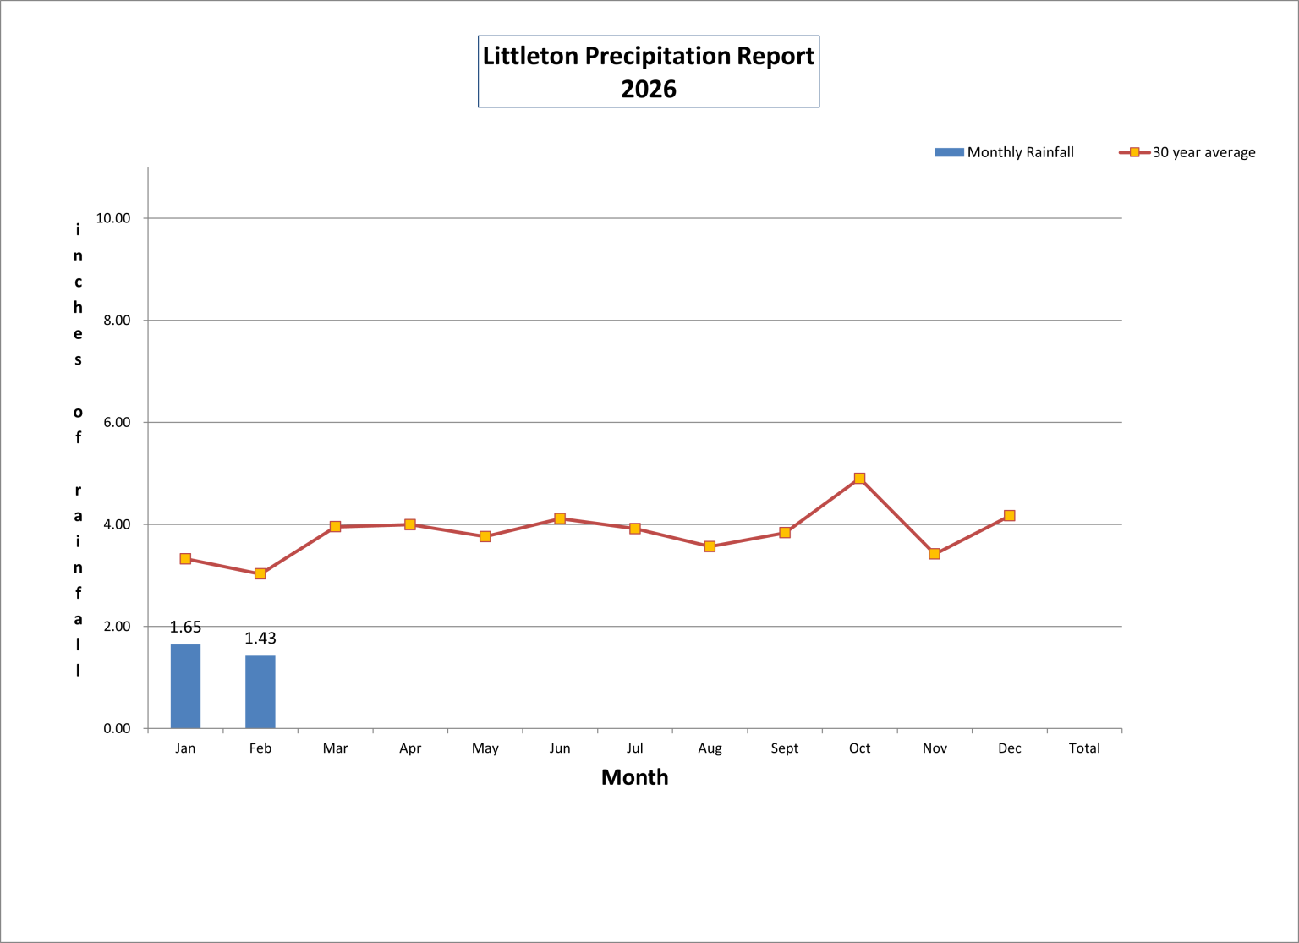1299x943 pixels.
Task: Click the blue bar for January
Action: [x=185, y=686]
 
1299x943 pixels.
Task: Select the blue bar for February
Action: [x=260, y=692]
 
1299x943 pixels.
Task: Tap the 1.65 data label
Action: [x=185, y=627]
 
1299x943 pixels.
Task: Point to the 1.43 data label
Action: [x=260, y=638]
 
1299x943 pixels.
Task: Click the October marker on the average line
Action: [x=859, y=479]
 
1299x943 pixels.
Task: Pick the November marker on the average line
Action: [x=935, y=554]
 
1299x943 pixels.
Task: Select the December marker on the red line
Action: [x=1009, y=516]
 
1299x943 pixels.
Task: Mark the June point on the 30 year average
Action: [x=560, y=518]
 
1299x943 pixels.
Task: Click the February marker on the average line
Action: [x=260, y=573]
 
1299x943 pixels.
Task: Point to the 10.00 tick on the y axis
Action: [x=113, y=218]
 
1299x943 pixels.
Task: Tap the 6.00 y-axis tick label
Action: [x=117, y=423]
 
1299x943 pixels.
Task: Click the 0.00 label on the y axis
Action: [x=117, y=729]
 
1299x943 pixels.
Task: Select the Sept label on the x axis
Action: [x=785, y=748]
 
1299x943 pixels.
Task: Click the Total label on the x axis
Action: [x=1084, y=748]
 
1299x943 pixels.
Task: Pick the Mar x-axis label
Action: [x=336, y=748]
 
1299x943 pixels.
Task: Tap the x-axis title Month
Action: [x=634, y=777]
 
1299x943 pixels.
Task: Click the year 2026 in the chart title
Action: [x=649, y=89]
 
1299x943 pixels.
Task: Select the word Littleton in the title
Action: [x=530, y=56]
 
